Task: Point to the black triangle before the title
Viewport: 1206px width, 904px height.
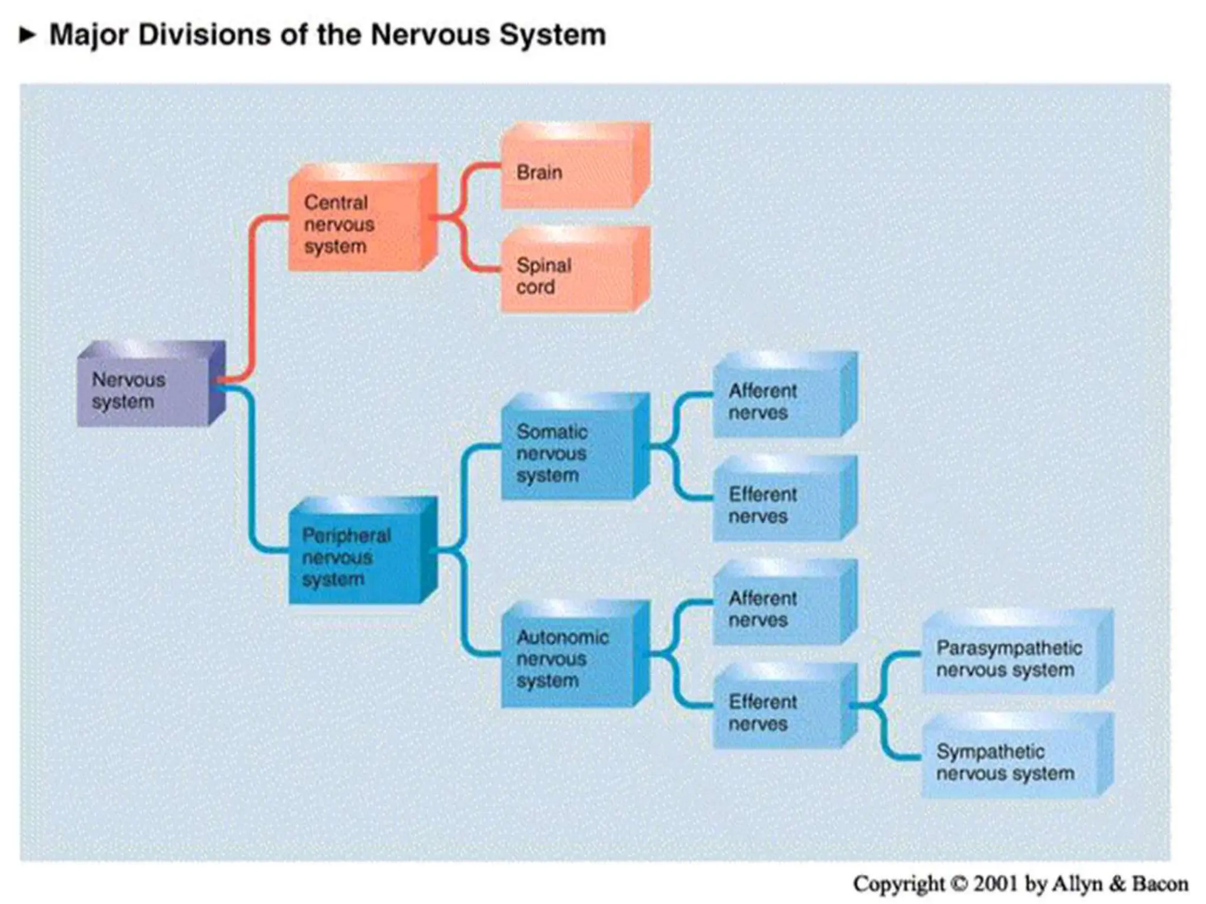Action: [27, 35]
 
